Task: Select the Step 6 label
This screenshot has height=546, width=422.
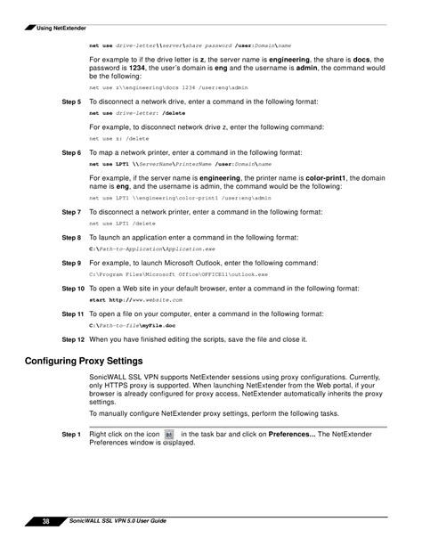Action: coord(71,153)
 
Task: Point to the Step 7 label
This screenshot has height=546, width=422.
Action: coord(71,213)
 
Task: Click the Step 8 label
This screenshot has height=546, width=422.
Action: coord(71,239)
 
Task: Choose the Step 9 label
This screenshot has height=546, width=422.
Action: coord(71,264)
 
